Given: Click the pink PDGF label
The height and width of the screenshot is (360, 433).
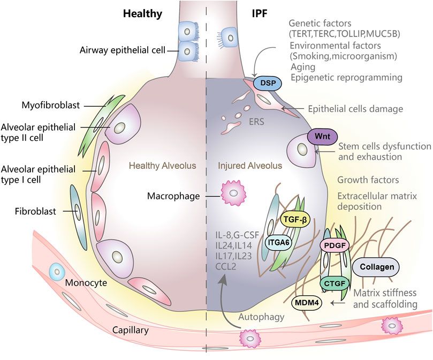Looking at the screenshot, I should [334, 246].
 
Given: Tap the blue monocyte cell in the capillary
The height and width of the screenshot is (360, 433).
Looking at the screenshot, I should [55, 271].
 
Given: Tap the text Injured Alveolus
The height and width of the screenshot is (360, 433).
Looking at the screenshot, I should [248, 167].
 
